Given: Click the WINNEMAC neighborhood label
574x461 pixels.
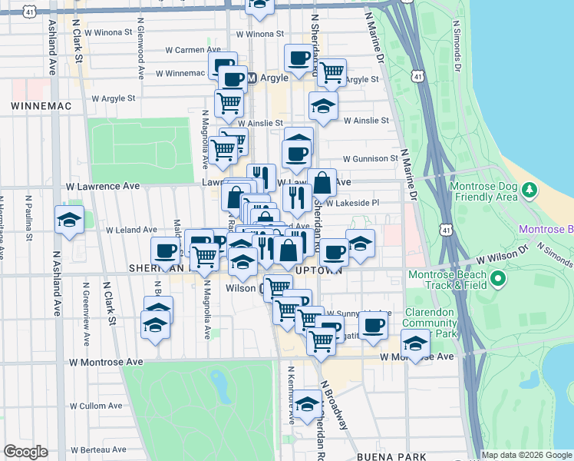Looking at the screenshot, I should click(31, 102).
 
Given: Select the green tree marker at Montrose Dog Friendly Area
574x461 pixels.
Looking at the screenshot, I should click(528, 189).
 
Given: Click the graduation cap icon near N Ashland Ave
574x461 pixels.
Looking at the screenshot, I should click(69, 220).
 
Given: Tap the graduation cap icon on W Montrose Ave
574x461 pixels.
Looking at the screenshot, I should click(415, 345).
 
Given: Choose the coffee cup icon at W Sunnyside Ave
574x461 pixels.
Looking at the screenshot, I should click(374, 325).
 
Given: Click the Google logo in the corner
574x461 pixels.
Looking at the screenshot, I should click(25, 452).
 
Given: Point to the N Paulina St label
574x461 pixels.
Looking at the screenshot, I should click(28, 223).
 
